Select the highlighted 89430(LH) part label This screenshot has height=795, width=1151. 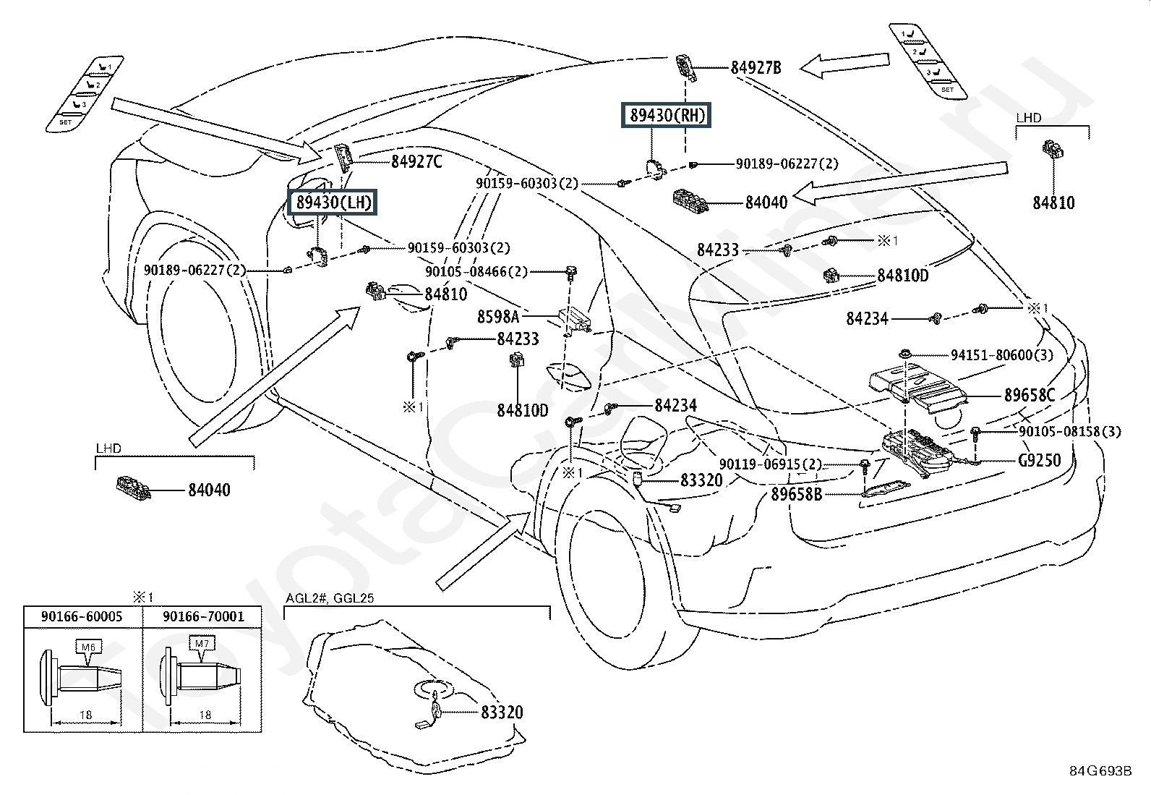coord(333,202)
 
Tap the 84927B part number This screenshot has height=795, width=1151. coord(756,68)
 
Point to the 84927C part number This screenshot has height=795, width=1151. coord(416,162)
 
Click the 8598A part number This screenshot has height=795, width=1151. coord(497,316)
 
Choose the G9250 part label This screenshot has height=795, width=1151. coord(1040,460)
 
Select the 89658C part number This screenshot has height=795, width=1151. coord(1030,396)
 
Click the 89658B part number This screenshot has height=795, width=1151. coord(796,494)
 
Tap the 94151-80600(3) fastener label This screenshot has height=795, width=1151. coord(1001,354)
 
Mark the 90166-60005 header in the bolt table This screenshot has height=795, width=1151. coord(82,616)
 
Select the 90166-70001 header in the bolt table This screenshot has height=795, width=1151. coord(203,616)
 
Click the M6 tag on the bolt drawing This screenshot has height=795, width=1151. coord(85,646)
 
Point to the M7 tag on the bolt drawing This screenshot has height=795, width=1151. coord(198,642)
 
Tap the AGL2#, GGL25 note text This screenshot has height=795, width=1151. coord(329,598)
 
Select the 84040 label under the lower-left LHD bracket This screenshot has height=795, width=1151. coord(209,490)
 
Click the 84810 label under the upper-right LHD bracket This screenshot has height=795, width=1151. coord(1053,203)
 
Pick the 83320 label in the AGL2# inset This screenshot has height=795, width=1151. coord(502,713)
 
